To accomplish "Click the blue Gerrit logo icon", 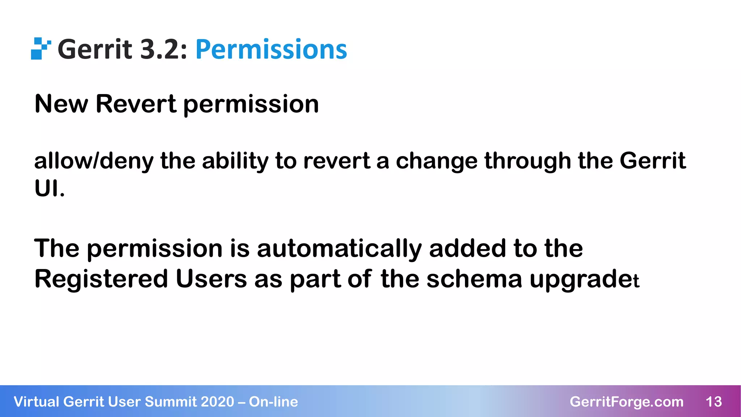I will [41, 49].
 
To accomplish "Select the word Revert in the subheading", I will [136, 104].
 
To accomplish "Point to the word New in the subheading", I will [61, 104].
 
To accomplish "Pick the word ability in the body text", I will [235, 161].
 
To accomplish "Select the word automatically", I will [339, 249].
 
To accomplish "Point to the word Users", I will [211, 279].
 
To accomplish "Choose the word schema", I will [474, 279].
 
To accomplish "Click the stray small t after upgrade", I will [637, 281].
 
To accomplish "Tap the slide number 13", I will [714, 402].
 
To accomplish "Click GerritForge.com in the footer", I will [626, 402].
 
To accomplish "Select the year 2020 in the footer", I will [217, 402].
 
